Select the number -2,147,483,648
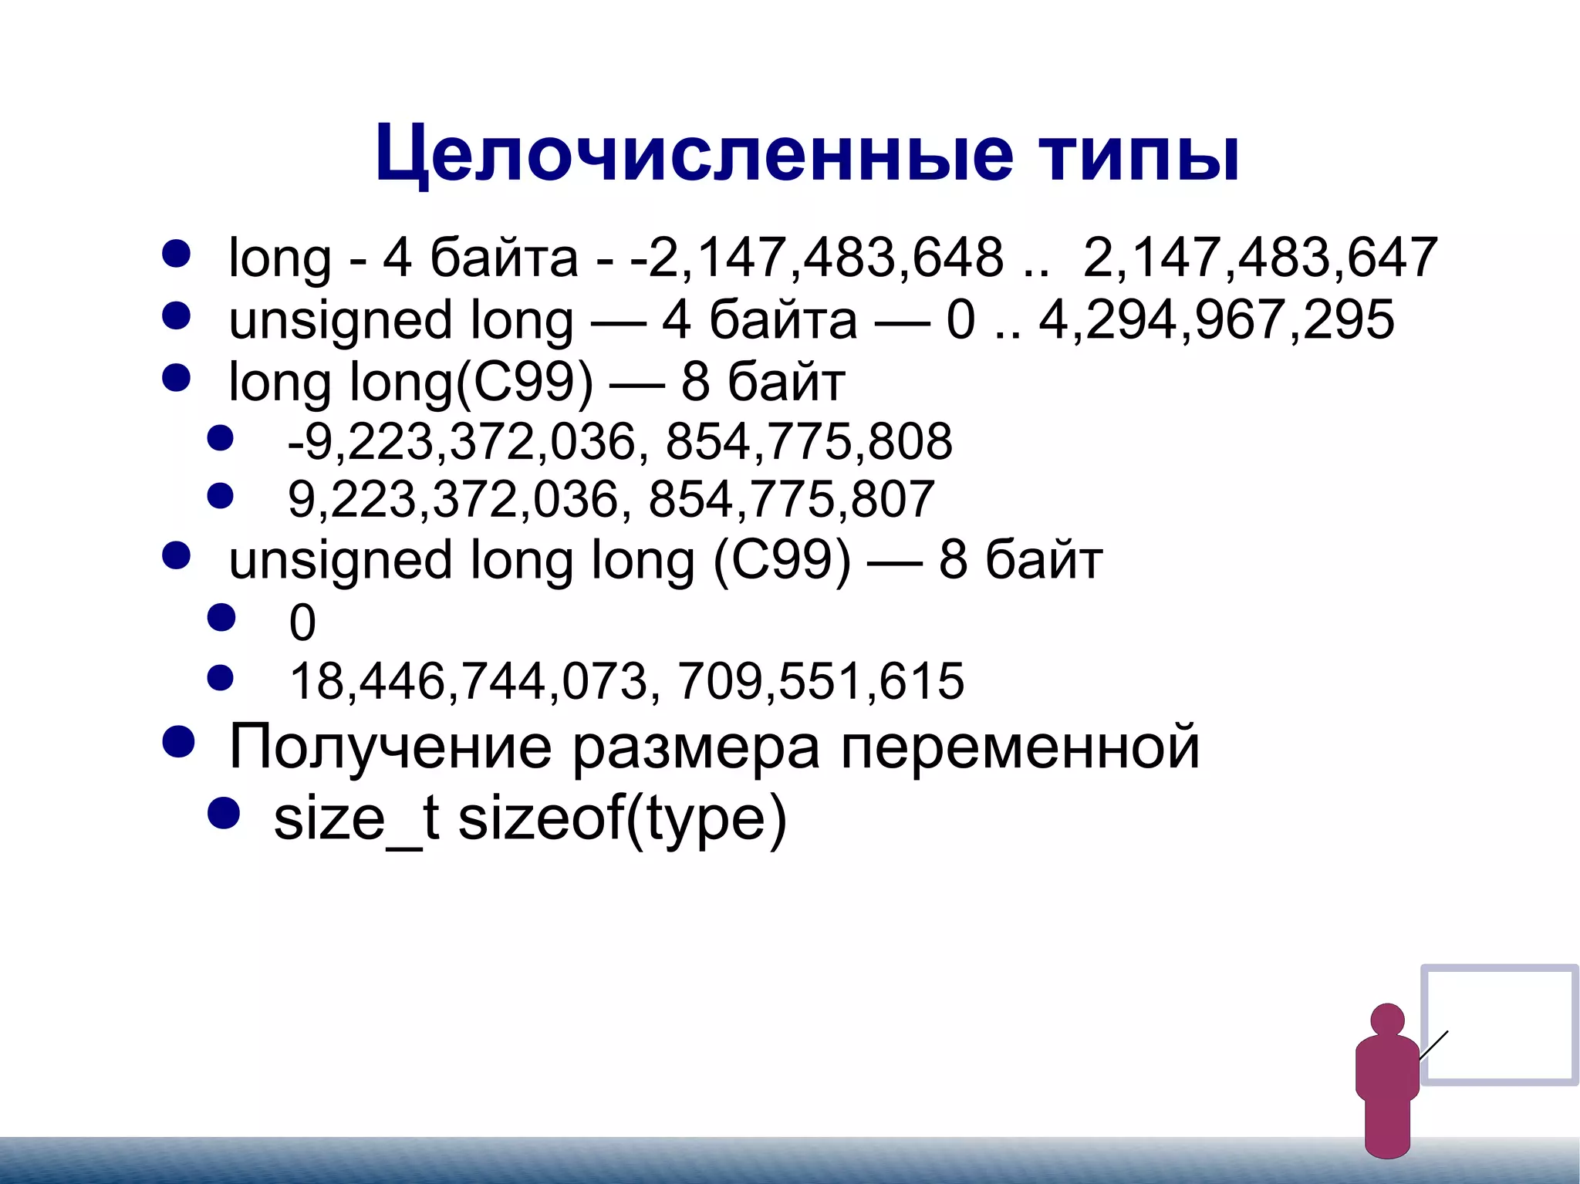point(817,258)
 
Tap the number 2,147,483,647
point(1260,258)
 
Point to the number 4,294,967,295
point(1216,320)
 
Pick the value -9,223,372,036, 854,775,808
point(620,442)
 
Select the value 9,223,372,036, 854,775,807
point(611,500)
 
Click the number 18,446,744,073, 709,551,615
point(626,681)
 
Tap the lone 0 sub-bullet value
point(302,622)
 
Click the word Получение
point(390,747)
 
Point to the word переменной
point(1020,747)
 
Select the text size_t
point(356,818)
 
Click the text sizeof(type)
point(622,818)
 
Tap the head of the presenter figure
point(1387,1020)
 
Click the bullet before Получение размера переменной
point(178,742)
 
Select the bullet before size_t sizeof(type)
point(224,813)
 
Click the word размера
point(695,747)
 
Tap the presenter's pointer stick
point(1433,1045)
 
